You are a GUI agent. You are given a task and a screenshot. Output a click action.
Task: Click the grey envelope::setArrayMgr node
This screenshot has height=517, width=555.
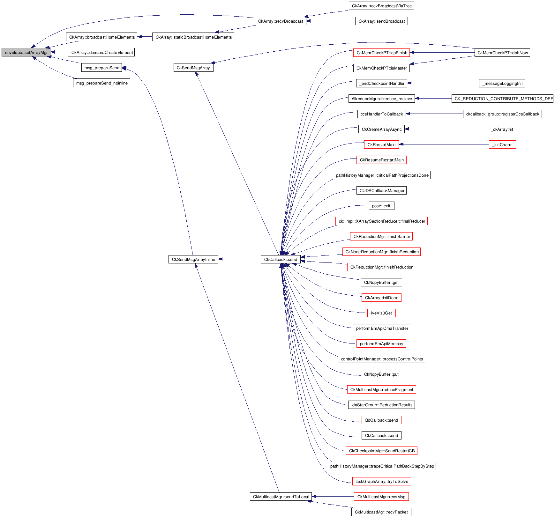pos(26,52)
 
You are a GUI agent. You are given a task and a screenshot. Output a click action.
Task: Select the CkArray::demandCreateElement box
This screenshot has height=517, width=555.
pos(101,52)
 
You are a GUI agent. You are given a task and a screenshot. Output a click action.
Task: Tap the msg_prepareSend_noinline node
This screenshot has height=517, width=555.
pos(101,83)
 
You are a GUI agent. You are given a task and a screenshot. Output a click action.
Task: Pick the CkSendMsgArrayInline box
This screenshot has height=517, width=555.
pos(193,259)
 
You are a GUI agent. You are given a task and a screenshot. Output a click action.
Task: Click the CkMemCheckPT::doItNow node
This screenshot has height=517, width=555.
pos(502,53)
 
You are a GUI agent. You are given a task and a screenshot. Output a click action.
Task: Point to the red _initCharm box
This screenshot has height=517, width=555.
pos(502,144)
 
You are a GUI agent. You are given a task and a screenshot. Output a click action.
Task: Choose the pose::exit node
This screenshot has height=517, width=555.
pos(381,206)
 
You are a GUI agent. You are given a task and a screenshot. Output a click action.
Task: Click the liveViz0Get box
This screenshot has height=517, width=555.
pos(381,313)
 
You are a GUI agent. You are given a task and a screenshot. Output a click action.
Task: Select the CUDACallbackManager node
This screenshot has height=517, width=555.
pos(381,190)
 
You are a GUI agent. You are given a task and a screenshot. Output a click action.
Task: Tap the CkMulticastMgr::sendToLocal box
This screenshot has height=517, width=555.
pos(281,497)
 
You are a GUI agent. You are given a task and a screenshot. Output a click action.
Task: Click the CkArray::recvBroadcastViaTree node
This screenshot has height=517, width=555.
pos(381,6)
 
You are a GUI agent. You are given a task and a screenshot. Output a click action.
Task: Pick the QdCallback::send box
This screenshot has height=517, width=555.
pos(381,420)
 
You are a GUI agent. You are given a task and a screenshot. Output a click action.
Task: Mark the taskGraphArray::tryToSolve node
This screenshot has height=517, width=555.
pos(381,481)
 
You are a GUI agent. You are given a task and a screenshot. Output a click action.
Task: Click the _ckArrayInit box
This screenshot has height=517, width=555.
pos(502,129)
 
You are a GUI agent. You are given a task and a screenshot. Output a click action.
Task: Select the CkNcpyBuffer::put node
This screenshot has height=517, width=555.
pos(381,374)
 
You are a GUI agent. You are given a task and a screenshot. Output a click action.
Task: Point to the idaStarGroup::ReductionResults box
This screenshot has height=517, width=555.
pos(381,405)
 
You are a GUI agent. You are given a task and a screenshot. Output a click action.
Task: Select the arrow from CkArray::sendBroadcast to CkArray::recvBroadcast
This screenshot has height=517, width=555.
pos(331,21)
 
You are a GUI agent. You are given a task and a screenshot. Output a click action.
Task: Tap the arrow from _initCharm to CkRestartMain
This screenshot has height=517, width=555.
pos(444,144)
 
